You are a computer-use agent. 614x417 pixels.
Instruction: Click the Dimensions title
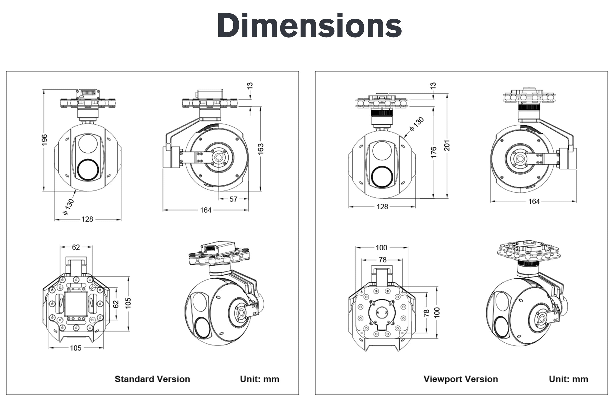click(x=309, y=26)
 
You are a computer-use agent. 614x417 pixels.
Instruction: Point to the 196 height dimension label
click(x=44, y=140)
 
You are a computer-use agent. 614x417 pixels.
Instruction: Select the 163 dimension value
click(x=261, y=149)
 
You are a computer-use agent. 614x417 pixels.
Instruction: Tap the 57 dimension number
click(x=233, y=199)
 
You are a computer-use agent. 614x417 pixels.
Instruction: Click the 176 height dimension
click(x=433, y=152)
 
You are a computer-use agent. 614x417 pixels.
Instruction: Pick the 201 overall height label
click(x=447, y=145)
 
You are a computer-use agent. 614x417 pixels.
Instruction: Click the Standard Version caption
click(x=152, y=379)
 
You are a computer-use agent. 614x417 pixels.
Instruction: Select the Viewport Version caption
click(x=460, y=379)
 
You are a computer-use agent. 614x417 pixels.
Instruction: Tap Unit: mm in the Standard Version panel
click(x=259, y=379)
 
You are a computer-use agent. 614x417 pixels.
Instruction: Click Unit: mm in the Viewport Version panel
click(x=568, y=379)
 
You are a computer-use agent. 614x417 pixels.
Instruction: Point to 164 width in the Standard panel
click(x=206, y=210)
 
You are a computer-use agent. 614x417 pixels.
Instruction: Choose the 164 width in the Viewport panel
click(x=534, y=202)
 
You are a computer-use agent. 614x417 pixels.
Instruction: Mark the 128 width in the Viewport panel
click(x=382, y=206)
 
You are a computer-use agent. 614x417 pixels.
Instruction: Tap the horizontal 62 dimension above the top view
click(x=76, y=247)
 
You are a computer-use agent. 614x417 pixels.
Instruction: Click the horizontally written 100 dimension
click(x=381, y=248)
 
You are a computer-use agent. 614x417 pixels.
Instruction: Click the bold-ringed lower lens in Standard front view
click(x=88, y=170)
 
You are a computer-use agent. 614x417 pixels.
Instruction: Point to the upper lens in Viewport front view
click(x=382, y=150)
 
